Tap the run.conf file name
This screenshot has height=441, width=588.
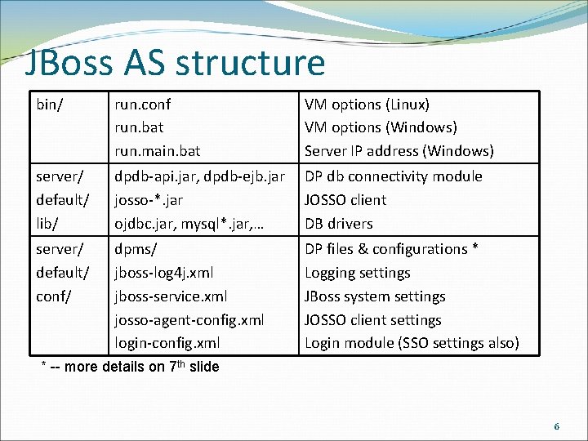point(143,105)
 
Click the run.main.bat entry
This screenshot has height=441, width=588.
point(158,151)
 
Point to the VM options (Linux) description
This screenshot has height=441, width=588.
point(367,105)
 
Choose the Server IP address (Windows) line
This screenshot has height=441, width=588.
point(399,151)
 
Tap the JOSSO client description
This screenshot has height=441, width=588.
point(345,200)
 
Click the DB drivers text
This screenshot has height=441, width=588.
point(339,224)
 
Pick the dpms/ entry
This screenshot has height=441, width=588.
point(136,249)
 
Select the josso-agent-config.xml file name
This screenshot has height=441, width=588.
point(189,320)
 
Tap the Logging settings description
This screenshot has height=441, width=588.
point(358,273)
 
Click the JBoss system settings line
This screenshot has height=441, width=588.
point(375,296)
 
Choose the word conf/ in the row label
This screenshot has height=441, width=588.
point(52,296)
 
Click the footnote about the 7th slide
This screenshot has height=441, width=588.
point(131,367)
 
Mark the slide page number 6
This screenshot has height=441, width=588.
point(556,426)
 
